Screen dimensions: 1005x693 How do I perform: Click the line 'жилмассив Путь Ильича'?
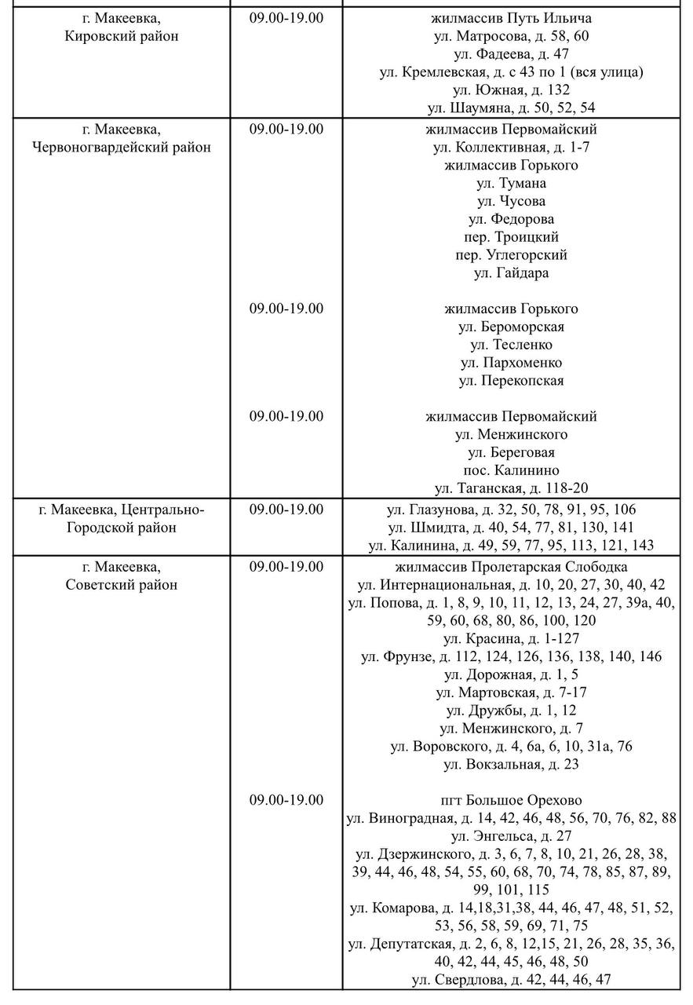[511, 18]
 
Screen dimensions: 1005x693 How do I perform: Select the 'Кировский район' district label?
[122, 36]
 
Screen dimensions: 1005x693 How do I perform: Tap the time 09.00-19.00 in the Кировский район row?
[286, 18]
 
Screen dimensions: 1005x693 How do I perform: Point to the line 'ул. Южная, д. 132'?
[511, 90]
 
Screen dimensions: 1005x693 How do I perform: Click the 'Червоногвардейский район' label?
[122, 147]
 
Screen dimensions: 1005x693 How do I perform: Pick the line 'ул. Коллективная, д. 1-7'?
[511, 147]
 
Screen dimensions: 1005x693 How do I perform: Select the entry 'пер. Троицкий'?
[511, 237]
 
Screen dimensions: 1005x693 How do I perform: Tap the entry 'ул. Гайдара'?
[511, 273]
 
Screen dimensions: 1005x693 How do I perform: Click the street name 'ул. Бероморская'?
[511, 327]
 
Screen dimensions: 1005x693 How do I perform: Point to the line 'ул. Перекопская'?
[511, 381]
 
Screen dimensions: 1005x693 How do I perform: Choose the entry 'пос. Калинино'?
[511, 470]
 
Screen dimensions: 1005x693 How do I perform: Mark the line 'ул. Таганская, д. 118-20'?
[511, 488]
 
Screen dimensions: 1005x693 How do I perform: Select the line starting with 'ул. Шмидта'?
[511, 528]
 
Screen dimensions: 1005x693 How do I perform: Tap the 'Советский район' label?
[122, 585]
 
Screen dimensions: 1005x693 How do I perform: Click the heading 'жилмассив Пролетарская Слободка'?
[511, 567]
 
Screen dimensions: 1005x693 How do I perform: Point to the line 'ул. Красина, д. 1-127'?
[511, 638]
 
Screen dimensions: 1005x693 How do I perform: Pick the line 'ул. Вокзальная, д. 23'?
[511, 764]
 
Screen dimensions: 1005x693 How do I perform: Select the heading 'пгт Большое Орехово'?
[511, 800]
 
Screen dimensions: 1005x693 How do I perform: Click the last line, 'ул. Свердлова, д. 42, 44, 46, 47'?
[511, 979]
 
